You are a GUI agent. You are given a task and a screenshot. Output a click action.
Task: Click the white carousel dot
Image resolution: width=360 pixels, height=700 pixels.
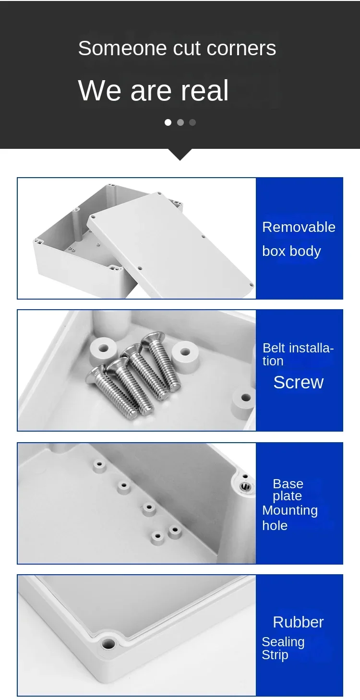(x=168, y=122)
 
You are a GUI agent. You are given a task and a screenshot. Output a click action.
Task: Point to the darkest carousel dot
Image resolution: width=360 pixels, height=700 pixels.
(x=192, y=122)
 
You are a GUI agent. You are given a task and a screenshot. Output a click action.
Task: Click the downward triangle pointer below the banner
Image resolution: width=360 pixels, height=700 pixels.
(x=180, y=155)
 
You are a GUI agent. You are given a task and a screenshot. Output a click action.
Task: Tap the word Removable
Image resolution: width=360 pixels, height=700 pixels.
(x=299, y=227)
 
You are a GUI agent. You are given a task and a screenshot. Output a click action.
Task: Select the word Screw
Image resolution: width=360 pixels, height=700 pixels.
(x=299, y=382)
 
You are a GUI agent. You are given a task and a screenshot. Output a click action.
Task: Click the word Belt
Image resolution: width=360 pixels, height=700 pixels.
(x=274, y=348)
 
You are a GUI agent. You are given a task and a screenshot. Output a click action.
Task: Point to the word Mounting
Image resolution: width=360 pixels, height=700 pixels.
(x=290, y=511)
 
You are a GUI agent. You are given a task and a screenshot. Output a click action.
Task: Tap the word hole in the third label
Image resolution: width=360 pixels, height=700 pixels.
(x=275, y=526)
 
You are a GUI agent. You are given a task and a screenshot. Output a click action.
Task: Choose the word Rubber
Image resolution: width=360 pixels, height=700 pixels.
(x=298, y=622)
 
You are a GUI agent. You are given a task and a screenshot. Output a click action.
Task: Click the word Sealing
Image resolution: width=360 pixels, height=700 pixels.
(x=283, y=642)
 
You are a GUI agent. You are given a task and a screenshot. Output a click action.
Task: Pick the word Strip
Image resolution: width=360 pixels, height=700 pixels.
(x=275, y=655)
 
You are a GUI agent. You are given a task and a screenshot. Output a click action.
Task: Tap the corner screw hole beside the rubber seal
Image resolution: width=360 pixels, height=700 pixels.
(x=108, y=644)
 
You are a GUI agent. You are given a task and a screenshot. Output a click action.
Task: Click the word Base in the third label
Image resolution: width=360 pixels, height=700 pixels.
(x=288, y=484)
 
